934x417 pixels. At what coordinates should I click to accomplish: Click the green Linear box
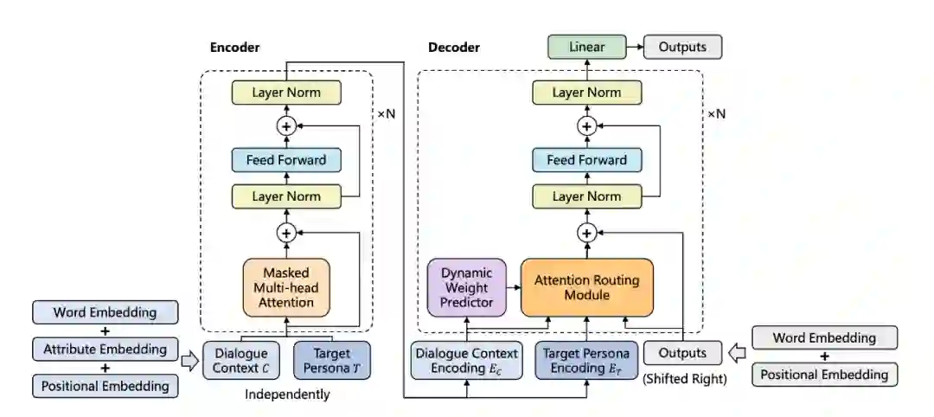coord(586,47)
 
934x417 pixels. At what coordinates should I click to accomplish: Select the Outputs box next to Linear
coord(682,47)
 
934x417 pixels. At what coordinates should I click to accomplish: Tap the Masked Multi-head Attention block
coord(286,288)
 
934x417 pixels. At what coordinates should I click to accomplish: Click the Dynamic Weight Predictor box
coord(466,288)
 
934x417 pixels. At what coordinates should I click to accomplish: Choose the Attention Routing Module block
coord(586,288)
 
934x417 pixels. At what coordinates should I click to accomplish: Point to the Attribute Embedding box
coord(105,350)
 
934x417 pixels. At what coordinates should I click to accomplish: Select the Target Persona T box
coord(332,361)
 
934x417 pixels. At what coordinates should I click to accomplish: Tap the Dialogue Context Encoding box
coord(466,361)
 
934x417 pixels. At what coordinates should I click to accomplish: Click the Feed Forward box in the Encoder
coord(286,160)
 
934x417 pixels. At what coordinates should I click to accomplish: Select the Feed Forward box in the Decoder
coord(586,160)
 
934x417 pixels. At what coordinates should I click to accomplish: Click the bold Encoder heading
coord(234,48)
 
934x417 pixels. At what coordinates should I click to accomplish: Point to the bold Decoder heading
coord(454,48)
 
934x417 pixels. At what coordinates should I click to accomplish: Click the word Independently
coord(287,395)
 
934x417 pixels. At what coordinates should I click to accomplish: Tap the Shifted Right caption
coord(684,379)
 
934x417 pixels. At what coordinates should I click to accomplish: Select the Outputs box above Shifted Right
coord(682,353)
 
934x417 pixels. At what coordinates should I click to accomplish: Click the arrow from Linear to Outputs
coord(635,47)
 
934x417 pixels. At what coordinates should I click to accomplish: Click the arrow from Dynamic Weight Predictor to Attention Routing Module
coord(514,288)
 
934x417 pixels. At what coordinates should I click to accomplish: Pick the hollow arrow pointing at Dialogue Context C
coord(190,362)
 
